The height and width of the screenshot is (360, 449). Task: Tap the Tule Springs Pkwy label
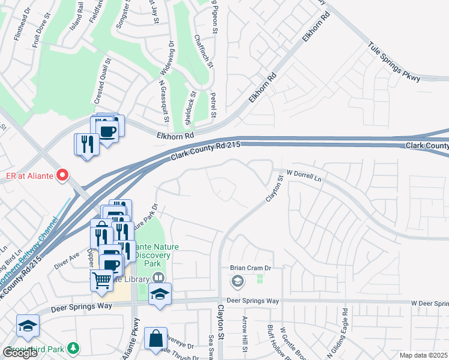pos(395,59)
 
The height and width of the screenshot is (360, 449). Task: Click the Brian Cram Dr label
pos(251,268)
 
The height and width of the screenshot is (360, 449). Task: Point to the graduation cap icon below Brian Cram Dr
pos(238,281)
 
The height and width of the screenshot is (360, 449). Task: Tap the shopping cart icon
pos(101,279)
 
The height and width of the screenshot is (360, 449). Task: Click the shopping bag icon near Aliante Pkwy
pos(155,338)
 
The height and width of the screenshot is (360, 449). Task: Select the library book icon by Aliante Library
pos(158,278)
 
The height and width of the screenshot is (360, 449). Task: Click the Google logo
pos(20,353)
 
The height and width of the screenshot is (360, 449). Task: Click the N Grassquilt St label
pos(163,96)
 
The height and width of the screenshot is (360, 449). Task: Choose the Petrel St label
pos(213,105)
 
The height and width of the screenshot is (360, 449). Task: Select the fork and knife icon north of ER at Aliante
pos(86,144)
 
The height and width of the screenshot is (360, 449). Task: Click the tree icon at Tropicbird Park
pos(73,347)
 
